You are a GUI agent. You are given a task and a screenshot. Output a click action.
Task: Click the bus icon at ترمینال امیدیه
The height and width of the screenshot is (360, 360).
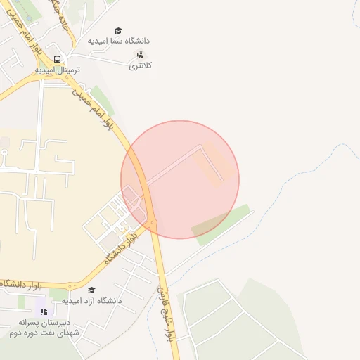[x=57, y=60]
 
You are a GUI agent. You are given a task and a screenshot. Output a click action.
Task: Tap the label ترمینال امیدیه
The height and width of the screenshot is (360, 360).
[x=58, y=70]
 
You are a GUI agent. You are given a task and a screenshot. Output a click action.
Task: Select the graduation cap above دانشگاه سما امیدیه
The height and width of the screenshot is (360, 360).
[x=119, y=31]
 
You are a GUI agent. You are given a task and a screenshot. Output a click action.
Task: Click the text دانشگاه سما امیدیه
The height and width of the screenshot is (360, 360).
[x=119, y=41]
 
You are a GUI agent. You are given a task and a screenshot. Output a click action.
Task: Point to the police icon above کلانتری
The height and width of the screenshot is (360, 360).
[x=140, y=55]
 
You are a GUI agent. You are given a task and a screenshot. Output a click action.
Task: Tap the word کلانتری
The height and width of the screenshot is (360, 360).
[x=141, y=65]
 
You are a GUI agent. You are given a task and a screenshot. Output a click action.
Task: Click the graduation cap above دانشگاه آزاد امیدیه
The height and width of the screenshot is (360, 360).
[x=91, y=290]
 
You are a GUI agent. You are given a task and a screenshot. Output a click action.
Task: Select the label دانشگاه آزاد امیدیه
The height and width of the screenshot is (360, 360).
[x=92, y=300]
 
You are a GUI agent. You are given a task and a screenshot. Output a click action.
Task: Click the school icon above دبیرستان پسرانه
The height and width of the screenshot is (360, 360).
[x=44, y=311]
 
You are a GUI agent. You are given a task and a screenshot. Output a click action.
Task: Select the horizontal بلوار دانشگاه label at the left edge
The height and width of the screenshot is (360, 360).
[x=21, y=285]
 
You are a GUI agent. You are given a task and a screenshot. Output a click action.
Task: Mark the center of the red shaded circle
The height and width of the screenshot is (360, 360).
[x=180, y=179]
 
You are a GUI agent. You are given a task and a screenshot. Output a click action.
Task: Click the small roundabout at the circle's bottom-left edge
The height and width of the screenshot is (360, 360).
[x=153, y=224]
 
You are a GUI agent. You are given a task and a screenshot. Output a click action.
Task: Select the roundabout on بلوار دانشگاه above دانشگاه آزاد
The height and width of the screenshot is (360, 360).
[x=70, y=287]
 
